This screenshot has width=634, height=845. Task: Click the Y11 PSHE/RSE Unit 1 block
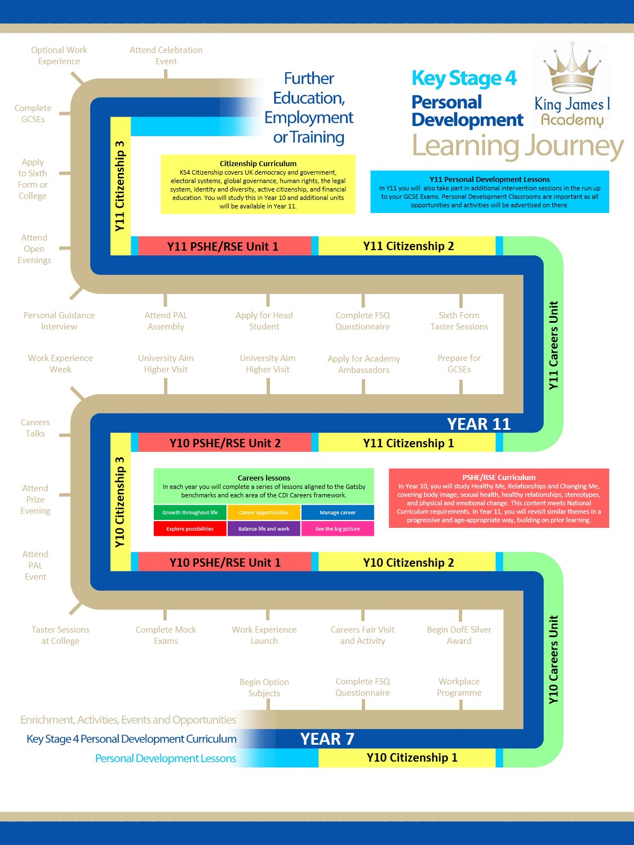click(223, 246)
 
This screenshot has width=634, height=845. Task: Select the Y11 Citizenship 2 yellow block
click(408, 246)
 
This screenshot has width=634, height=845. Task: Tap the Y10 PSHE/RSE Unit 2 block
click(224, 443)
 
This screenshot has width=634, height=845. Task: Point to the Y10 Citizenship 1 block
click(411, 758)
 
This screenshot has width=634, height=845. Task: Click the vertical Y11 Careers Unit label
click(553, 345)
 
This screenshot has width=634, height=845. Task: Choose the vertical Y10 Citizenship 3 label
click(119, 501)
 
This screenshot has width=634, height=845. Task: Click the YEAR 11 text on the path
click(478, 424)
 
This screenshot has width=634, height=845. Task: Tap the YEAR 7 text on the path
click(327, 739)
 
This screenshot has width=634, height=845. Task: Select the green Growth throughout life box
click(190, 513)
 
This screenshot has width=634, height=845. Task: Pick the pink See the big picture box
click(337, 529)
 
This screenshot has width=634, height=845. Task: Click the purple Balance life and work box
click(264, 529)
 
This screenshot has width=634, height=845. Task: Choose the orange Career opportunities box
click(264, 513)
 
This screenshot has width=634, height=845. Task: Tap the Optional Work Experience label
click(59, 56)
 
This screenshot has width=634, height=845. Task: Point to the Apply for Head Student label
click(264, 321)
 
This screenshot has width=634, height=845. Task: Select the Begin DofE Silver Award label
click(459, 635)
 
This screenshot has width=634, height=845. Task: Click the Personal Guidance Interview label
click(59, 321)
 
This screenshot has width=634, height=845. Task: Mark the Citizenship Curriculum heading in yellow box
click(258, 163)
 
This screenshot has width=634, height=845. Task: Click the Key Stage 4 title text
click(464, 78)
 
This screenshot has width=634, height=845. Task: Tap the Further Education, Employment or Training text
click(309, 108)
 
